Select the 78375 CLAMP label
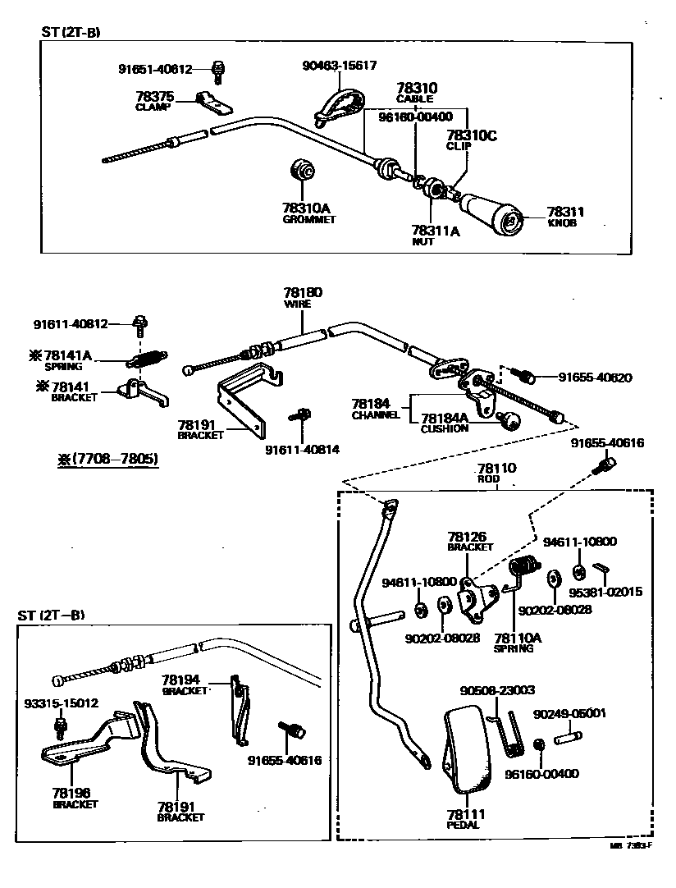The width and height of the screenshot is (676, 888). click(x=154, y=101)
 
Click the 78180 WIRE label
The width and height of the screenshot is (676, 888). click(x=303, y=297)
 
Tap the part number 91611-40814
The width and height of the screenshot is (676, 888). click(x=302, y=449)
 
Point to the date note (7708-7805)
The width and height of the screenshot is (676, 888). click(x=107, y=459)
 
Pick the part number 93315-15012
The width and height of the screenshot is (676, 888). click(x=60, y=703)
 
